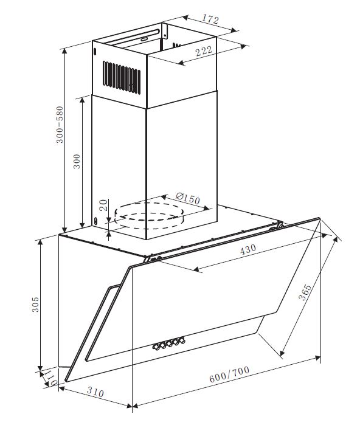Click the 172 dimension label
coord(210,19)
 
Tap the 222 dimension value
coord(204,51)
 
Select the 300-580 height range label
coord(60,125)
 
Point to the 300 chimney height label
coord(77,161)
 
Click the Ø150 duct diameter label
coord(188,198)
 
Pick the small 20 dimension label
coord(104,205)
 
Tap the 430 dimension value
coord(248,249)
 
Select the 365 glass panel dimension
coord(305,292)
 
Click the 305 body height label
coord(35,305)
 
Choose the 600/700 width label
coord(229,374)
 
